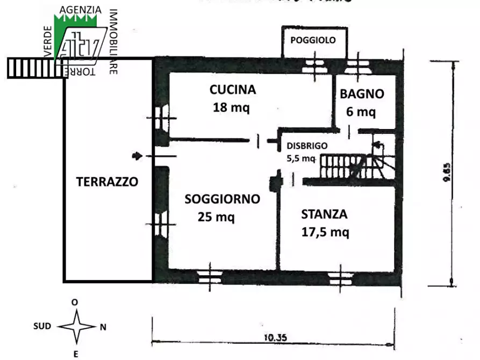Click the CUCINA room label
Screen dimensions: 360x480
point(233,90)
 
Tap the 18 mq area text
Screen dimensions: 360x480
point(231,107)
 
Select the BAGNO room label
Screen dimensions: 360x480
point(362,94)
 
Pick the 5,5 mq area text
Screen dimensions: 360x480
point(300,158)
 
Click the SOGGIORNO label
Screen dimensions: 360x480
point(222,199)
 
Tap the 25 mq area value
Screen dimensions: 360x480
point(217,217)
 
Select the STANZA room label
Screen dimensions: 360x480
point(324,214)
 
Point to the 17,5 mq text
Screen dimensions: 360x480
point(325,232)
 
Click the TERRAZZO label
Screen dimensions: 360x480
point(107,182)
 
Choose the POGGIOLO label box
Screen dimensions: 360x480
point(313,40)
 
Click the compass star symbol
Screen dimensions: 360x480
point(76,327)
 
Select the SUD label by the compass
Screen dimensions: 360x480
point(42,326)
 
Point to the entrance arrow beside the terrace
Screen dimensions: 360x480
point(138,156)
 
